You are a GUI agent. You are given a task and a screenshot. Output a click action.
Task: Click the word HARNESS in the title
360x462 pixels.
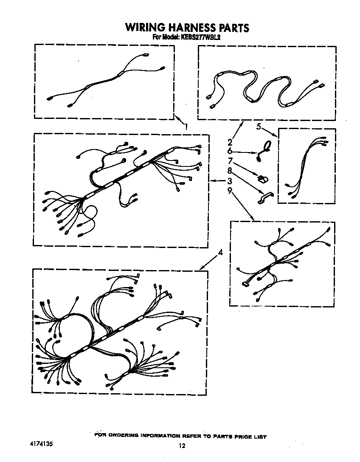click(192, 28)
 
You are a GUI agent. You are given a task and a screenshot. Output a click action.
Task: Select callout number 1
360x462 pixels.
click(186, 126)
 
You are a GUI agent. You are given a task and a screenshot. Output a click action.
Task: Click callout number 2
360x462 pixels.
click(230, 142)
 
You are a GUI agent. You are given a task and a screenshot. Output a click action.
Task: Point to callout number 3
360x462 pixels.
click(230, 181)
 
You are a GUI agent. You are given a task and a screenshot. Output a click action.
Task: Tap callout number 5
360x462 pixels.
click(258, 126)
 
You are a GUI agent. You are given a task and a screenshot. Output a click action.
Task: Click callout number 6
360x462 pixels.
click(230, 151)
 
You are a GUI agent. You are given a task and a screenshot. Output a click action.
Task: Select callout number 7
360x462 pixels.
click(230, 161)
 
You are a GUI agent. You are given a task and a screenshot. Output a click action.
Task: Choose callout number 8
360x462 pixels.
click(230, 171)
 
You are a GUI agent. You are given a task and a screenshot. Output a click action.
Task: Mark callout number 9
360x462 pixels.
click(230, 191)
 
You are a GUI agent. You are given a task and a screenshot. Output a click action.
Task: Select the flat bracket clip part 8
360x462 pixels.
click(265, 198)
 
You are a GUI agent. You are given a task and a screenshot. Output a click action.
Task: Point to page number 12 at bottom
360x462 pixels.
click(182, 446)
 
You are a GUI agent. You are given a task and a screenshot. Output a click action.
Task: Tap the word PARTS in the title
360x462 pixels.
click(233, 28)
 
